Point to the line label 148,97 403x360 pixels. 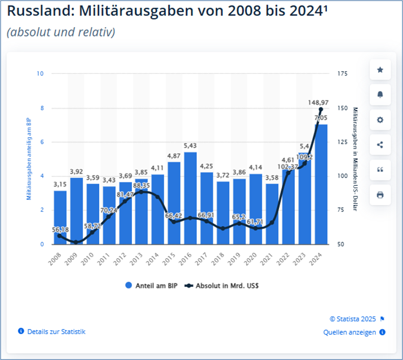click(318, 103)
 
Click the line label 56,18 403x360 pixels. click(60, 230)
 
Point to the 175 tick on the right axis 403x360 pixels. click(343, 74)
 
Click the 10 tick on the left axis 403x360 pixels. click(39, 74)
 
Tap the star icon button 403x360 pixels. click(380, 70)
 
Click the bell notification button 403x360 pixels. click(380, 95)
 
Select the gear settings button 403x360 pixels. click(380, 120)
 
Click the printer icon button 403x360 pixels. click(380, 195)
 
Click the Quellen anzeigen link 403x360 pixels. click(349, 332)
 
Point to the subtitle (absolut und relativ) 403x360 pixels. click(61, 32)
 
